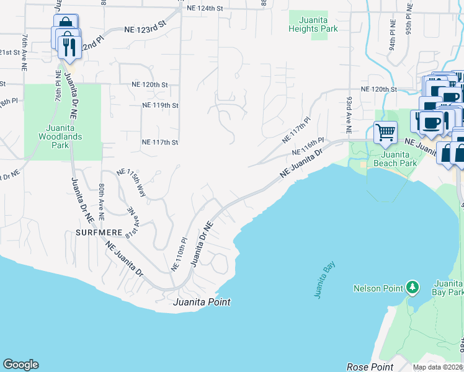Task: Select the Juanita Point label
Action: coord(202,302)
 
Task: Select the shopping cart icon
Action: coord(385,131)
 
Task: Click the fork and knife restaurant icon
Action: coord(69,46)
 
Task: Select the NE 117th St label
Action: coord(160,142)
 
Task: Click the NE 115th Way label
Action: coord(132,183)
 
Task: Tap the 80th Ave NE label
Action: coord(102,201)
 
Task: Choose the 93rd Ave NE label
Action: coord(349,115)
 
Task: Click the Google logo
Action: coord(20,365)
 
